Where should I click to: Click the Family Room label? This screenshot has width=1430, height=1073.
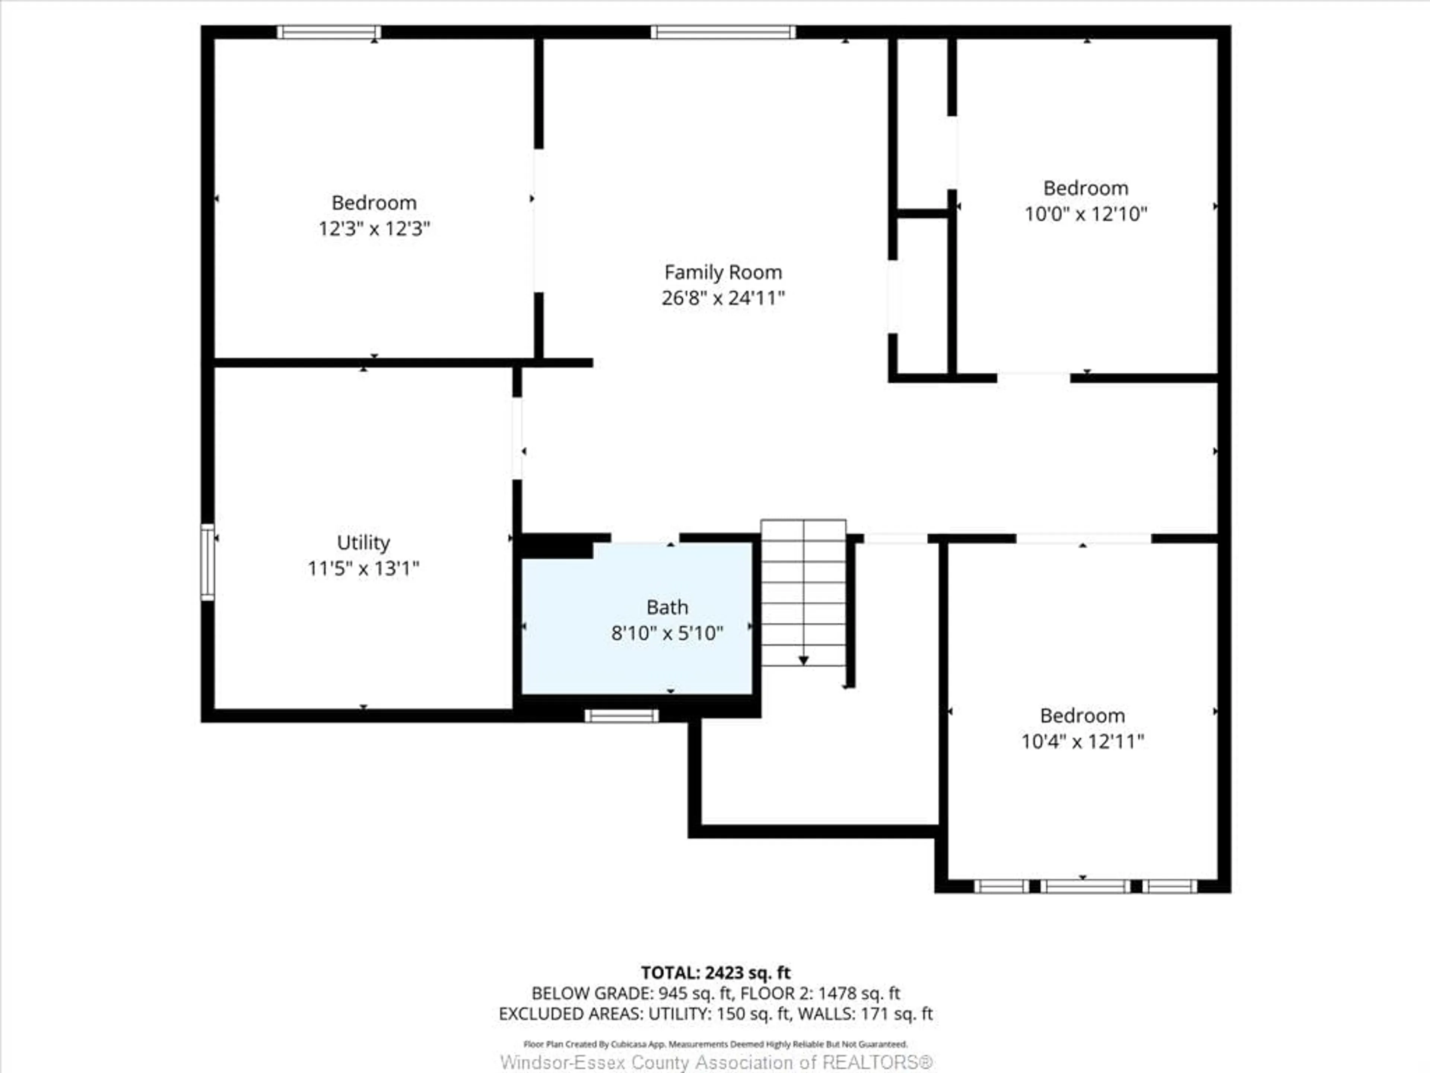tap(723, 272)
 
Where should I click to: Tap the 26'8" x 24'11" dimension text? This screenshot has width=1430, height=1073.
tap(723, 298)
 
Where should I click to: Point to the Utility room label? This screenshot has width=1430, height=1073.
tap(363, 542)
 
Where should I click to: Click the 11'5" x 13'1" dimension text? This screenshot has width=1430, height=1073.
tap(363, 569)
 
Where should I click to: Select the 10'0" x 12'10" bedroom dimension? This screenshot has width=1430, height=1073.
tap(1086, 214)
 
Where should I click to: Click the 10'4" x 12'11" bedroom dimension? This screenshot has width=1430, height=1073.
tap(1082, 741)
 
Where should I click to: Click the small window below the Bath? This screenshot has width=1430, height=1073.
tap(621, 715)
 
